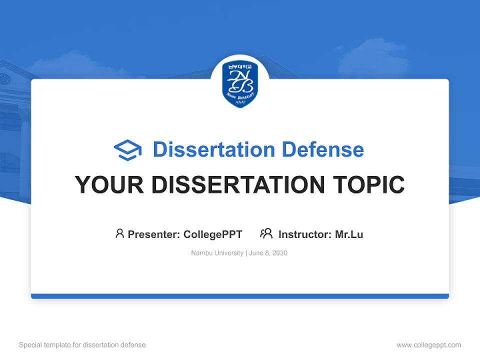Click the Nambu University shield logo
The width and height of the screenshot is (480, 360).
point(240,84)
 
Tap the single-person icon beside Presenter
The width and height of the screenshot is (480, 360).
point(119,233)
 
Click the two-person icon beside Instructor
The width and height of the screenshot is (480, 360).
point(266,233)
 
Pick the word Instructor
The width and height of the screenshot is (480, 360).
point(304,234)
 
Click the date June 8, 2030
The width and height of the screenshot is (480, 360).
point(268,253)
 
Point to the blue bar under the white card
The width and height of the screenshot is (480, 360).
point(240,296)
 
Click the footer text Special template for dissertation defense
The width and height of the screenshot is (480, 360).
point(82,345)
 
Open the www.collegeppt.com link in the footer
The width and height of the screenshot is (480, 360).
point(428,345)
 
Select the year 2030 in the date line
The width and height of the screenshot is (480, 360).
point(279,253)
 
